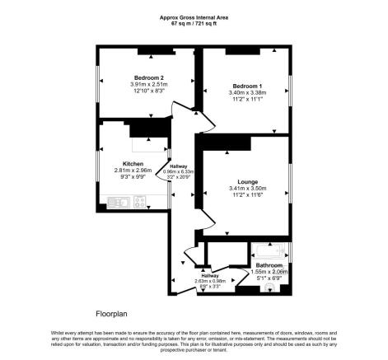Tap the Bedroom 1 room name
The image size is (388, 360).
click(247, 86)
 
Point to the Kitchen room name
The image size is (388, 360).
click(133, 163)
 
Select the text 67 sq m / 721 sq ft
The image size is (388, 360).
click(194, 22)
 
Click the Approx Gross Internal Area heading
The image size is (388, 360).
click(194, 16)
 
